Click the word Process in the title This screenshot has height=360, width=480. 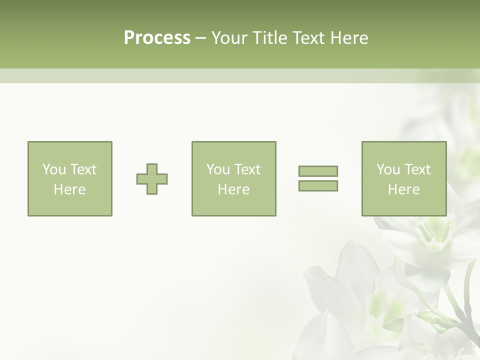(x=157, y=38)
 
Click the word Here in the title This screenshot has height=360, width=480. (x=349, y=38)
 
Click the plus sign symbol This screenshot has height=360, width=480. (x=152, y=179)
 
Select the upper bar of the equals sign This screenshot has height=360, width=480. (x=318, y=171)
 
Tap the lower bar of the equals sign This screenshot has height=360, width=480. (x=318, y=186)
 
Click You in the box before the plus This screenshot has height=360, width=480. (x=54, y=169)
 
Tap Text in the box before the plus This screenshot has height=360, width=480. (x=82, y=169)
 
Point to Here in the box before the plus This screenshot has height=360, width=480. (x=70, y=189)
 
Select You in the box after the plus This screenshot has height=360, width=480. (x=218, y=169)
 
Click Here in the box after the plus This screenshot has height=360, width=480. (x=234, y=189)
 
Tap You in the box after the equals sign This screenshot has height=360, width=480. (x=388, y=169)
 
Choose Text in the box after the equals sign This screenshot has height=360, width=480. (x=416, y=169)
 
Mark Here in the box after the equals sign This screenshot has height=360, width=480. (x=404, y=189)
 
